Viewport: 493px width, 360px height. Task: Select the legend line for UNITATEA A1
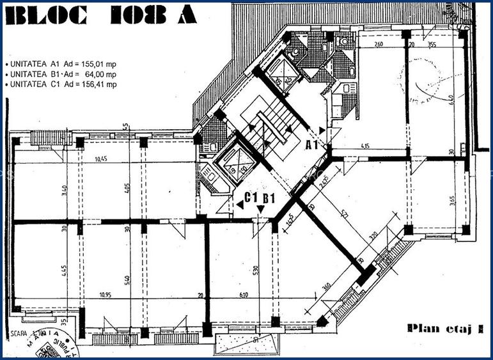click(61, 65)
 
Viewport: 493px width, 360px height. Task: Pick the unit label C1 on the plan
click(252, 198)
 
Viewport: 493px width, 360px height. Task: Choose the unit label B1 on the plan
click(269, 198)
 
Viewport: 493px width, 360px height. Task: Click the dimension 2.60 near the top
click(379, 45)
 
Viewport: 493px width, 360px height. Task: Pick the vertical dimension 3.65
click(452, 200)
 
